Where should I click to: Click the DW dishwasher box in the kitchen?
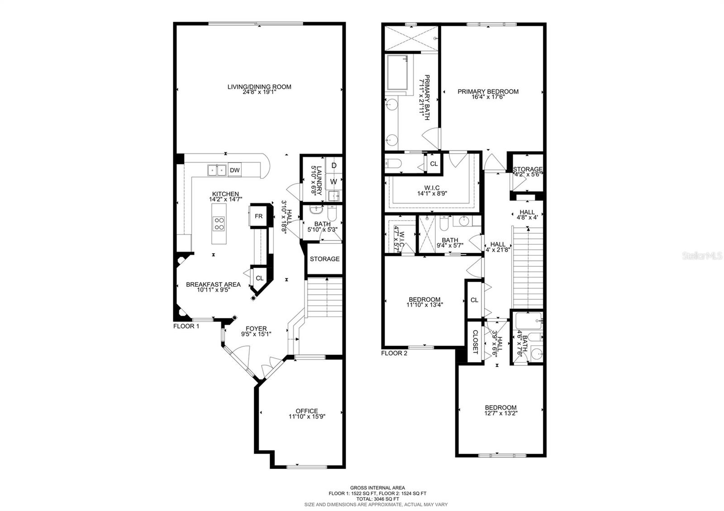[234, 170]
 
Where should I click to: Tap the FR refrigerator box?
[258, 216]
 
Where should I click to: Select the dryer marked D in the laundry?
[334, 166]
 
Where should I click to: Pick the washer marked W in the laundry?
[333, 182]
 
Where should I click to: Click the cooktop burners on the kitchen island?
[219, 224]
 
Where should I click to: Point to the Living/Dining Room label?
[259, 87]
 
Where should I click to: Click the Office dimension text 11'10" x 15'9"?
[307, 416]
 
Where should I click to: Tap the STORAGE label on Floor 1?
[324, 259]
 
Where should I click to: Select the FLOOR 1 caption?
[186, 326]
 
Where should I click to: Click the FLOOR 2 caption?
[394, 353]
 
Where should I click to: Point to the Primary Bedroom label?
[488, 91]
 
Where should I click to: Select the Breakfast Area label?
[213, 284]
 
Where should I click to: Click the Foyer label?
[256, 329]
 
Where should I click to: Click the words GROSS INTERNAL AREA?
[377, 488]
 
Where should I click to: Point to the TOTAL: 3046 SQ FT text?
[377, 499]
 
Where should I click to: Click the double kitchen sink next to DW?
[217, 170]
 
